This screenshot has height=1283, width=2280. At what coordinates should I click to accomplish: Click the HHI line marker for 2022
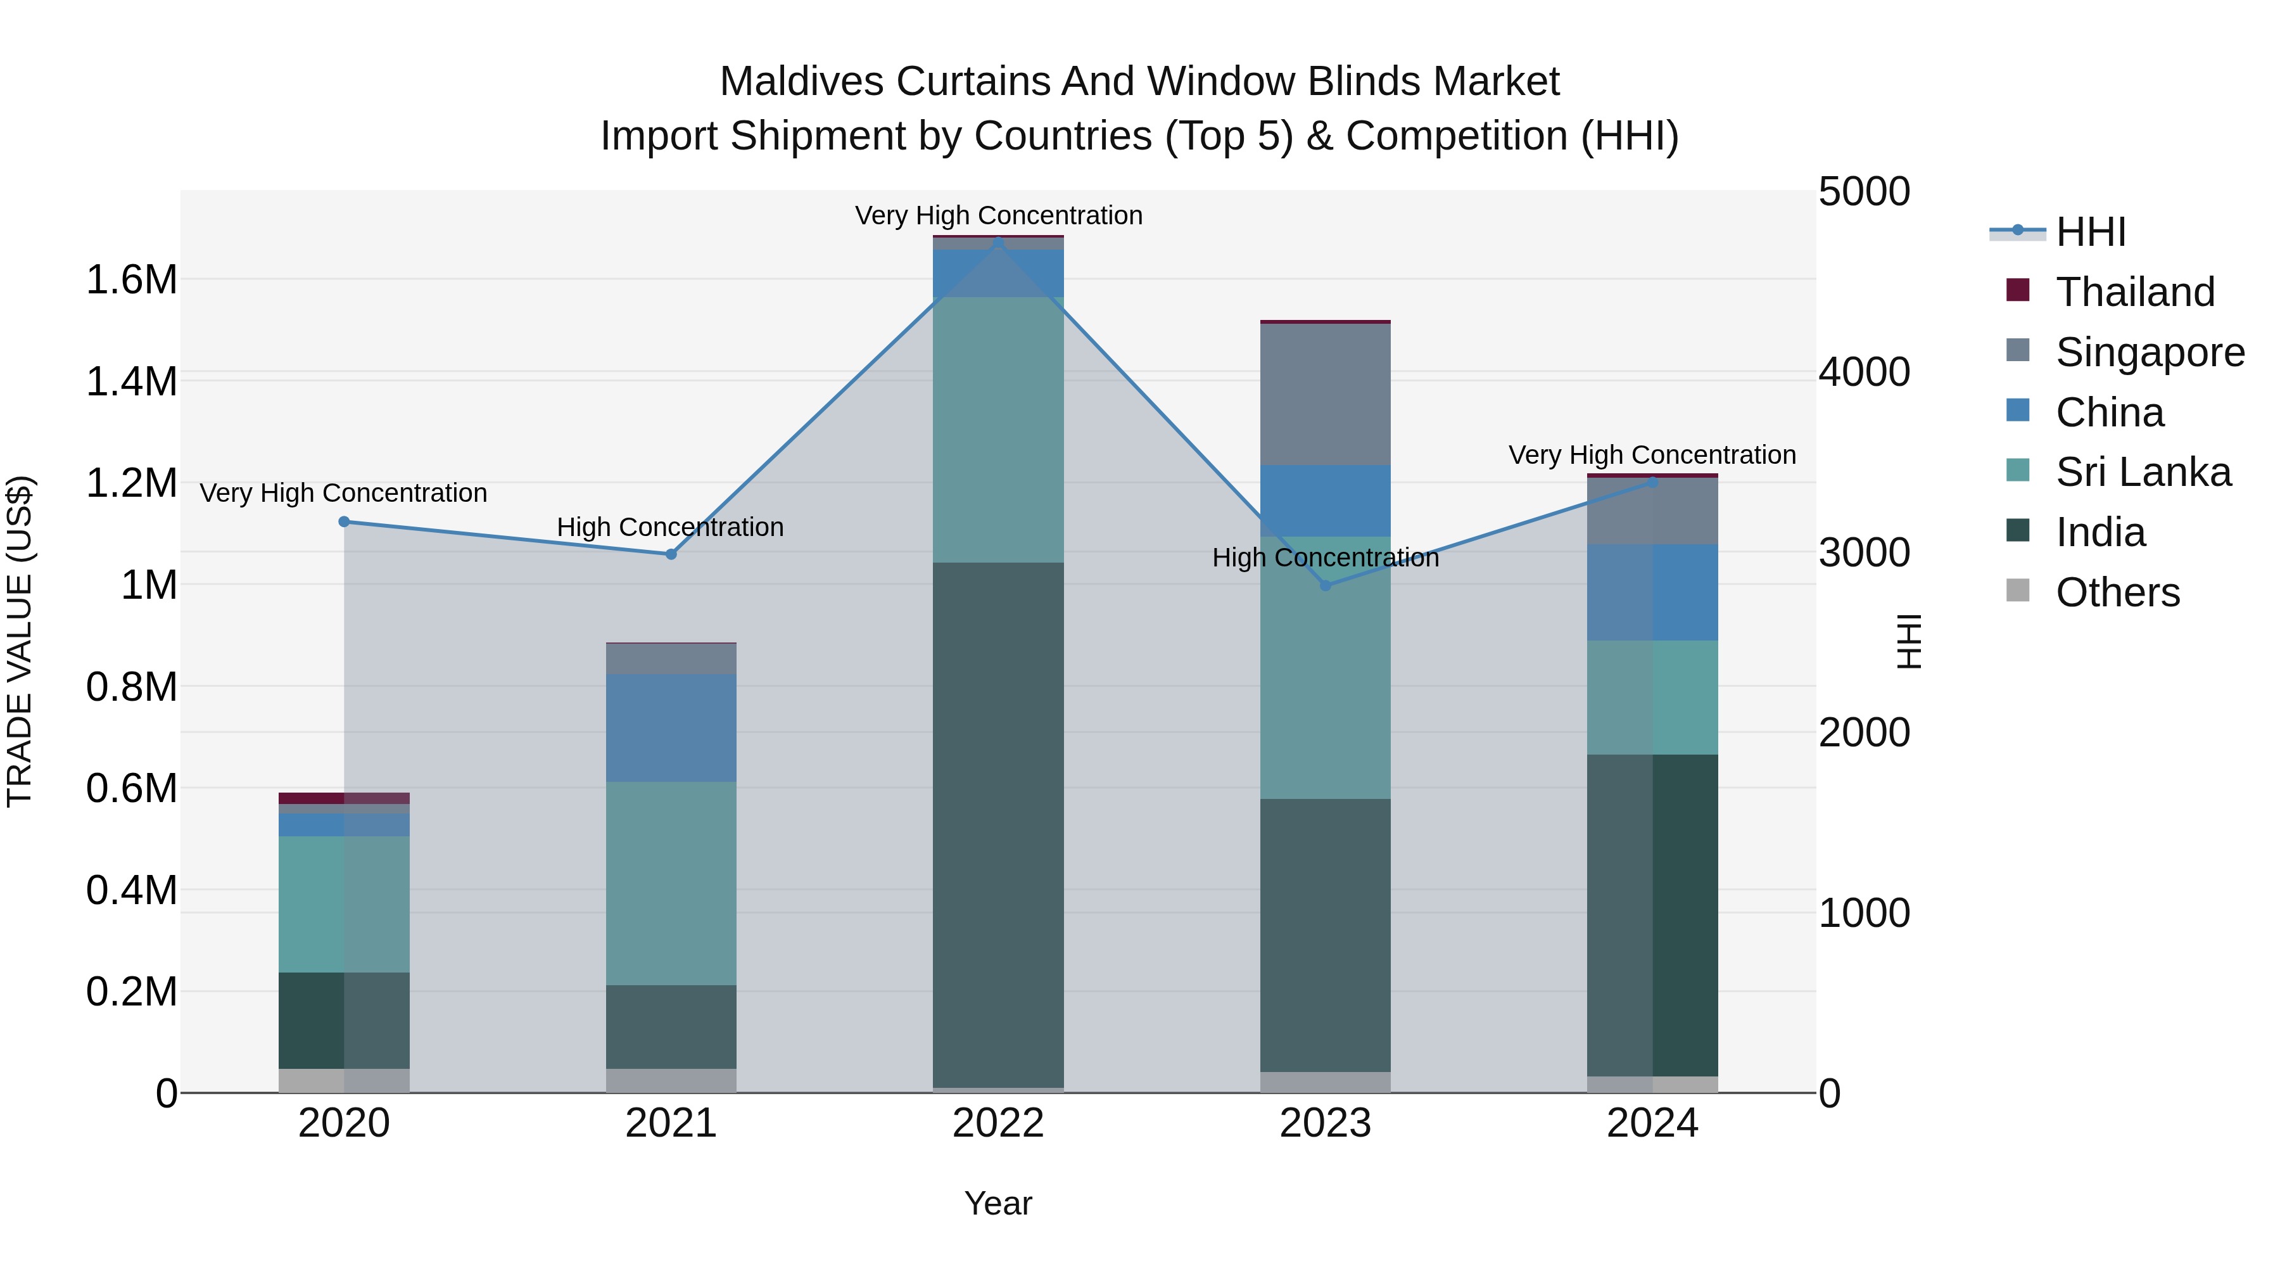(998, 240)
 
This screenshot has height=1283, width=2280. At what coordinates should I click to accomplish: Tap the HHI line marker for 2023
(1325, 585)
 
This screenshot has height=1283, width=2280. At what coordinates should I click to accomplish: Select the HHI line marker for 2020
(345, 521)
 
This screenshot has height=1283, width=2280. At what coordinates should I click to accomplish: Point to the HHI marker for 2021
(671, 554)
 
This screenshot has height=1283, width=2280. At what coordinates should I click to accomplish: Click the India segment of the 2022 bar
(998, 824)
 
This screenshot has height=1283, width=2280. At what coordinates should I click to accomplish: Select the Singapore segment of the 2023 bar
(1325, 394)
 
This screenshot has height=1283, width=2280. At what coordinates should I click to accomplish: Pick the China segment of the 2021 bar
(671, 728)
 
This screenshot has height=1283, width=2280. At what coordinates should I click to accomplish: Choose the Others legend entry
(2117, 592)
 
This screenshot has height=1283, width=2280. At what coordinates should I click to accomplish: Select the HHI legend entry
(2091, 232)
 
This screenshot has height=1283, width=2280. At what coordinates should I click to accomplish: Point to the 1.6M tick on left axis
(131, 280)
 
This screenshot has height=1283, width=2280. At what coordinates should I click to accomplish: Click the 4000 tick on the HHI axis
(1864, 372)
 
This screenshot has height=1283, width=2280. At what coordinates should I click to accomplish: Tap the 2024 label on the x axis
(1652, 1123)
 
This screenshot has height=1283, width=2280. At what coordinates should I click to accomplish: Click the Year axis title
(997, 1203)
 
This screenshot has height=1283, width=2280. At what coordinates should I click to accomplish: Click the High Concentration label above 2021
(670, 527)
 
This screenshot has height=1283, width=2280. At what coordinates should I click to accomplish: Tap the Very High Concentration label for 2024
(1652, 455)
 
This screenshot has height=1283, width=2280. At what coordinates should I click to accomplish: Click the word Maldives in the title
(801, 82)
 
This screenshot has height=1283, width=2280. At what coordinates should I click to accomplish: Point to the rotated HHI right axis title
(1910, 641)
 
